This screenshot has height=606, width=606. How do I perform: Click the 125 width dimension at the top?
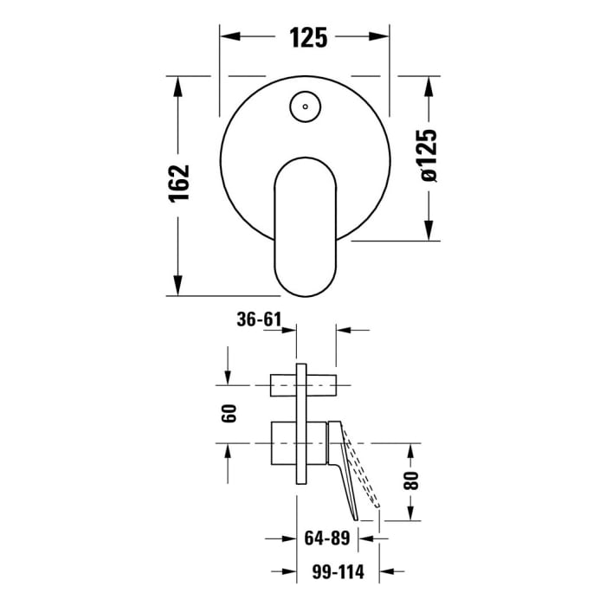tap(307, 37)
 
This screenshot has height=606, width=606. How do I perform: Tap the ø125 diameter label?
tap(428, 156)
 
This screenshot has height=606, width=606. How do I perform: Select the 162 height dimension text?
tap(178, 184)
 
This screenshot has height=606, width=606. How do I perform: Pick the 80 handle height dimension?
tap(411, 478)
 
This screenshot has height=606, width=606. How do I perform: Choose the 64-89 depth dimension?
tap(326, 538)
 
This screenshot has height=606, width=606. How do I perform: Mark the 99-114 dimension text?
tap(326, 571)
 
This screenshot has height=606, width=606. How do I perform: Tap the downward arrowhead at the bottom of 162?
tap(178, 287)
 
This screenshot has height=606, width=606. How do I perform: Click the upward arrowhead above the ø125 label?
tap(428, 85)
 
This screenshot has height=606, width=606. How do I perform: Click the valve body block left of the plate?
tap(283, 442)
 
